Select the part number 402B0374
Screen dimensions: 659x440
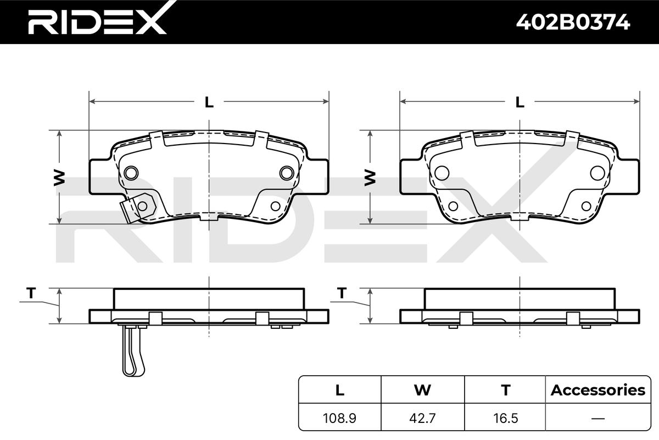click(573, 22)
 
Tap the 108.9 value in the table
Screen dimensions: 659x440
click(339, 418)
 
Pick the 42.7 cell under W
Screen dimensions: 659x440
click(422, 418)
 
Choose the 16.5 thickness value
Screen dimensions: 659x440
click(505, 418)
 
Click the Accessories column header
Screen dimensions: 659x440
click(598, 390)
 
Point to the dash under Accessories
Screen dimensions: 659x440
click(598, 419)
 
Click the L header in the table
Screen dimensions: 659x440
click(340, 390)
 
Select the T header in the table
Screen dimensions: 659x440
click(506, 390)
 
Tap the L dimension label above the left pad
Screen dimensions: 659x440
click(209, 102)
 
